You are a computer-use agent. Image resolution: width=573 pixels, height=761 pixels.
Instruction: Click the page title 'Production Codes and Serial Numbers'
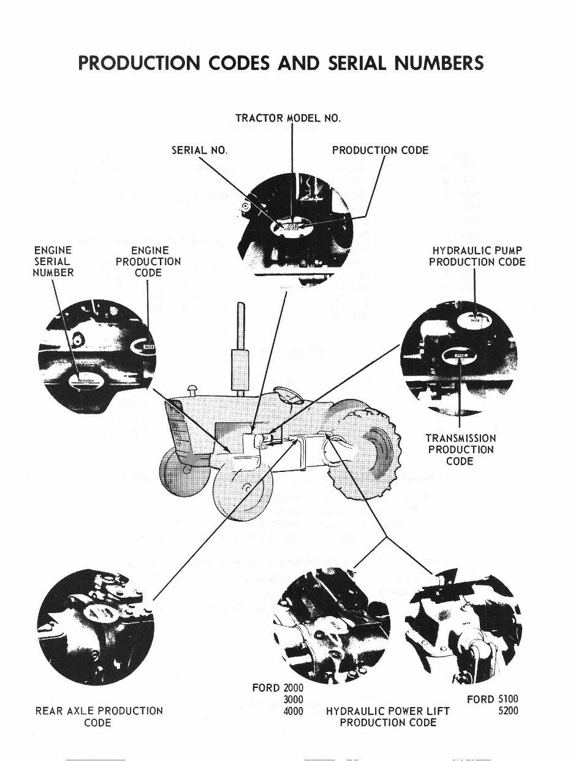(x=281, y=63)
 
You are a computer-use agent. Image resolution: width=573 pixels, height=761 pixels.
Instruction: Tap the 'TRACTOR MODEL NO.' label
(x=287, y=118)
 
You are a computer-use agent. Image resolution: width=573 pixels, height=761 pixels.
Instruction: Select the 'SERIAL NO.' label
(x=199, y=150)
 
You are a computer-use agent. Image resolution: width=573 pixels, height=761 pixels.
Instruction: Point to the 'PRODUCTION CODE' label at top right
(x=380, y=150)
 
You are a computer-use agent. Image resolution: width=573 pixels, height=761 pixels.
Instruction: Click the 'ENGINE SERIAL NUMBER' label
(x=53, y=261)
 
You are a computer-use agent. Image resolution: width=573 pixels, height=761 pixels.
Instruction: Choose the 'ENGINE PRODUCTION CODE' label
(x=148, y=261)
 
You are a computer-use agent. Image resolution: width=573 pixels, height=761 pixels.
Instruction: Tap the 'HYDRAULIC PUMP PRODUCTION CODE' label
(x=477, y=256)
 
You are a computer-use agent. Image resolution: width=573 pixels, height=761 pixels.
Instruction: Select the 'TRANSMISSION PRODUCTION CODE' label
(x=460, y=449)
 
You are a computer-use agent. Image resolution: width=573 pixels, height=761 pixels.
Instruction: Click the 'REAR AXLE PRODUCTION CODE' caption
(x=98, y=716)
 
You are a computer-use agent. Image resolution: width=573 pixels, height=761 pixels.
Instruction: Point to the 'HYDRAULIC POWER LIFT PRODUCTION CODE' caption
(x=388, y=716)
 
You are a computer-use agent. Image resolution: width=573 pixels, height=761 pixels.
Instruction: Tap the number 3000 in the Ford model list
(x=294, y=699)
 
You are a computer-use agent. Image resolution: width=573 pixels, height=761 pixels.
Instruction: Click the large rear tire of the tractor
(x=365, y=445)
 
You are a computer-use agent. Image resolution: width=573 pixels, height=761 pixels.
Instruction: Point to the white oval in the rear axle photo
(x=97, y=610)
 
